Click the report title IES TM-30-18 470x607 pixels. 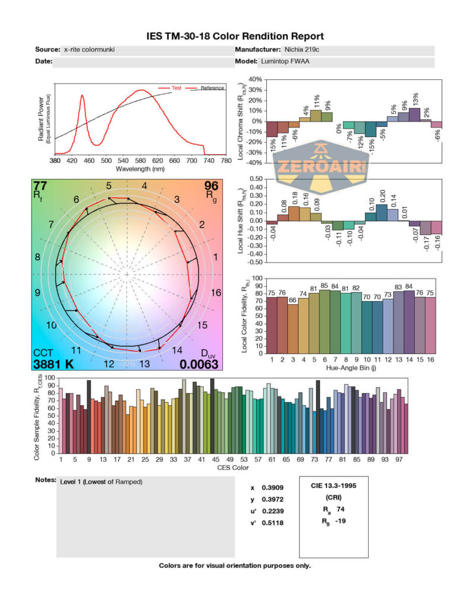pyautogui.click(x=235, y=37)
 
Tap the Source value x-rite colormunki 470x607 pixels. pyautogui.click(x=89, y=50)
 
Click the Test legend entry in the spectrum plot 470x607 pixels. pyautogui.click(x=176, y=88)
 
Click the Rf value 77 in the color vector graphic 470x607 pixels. pyautogui.click(x=40, y=185)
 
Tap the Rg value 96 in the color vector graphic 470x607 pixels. pyautogui.click(x=211, y=185)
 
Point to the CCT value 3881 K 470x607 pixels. pyautogui.click(x=53, y=364)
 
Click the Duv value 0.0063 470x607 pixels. pyautogui.click(x=199, y=364)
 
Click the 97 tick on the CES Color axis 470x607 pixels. pyautogui.click(x=399, y=459)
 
